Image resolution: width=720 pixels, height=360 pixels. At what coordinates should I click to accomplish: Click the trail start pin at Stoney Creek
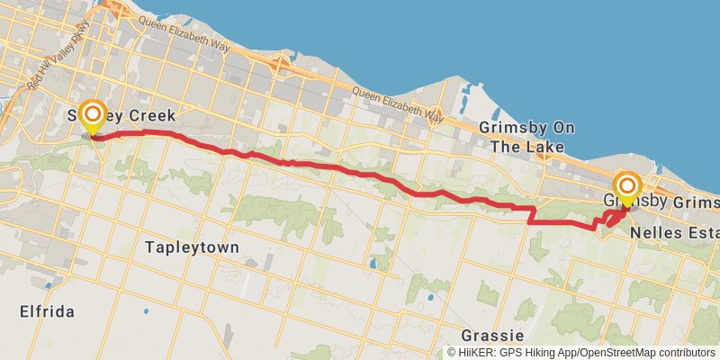(93, 115)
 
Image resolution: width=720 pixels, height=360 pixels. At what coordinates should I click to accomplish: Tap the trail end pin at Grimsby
(627, 187)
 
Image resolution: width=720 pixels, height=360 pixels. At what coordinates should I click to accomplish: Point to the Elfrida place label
(46, 311)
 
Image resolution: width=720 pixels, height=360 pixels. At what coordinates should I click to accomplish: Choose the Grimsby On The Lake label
(521, 137)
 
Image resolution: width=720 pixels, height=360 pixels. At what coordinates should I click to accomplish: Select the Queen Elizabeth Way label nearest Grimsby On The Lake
(398, 104)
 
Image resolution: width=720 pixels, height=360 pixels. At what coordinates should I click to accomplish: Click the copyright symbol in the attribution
(452, 353)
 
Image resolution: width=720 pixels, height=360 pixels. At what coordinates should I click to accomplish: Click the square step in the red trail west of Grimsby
(531, 214)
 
